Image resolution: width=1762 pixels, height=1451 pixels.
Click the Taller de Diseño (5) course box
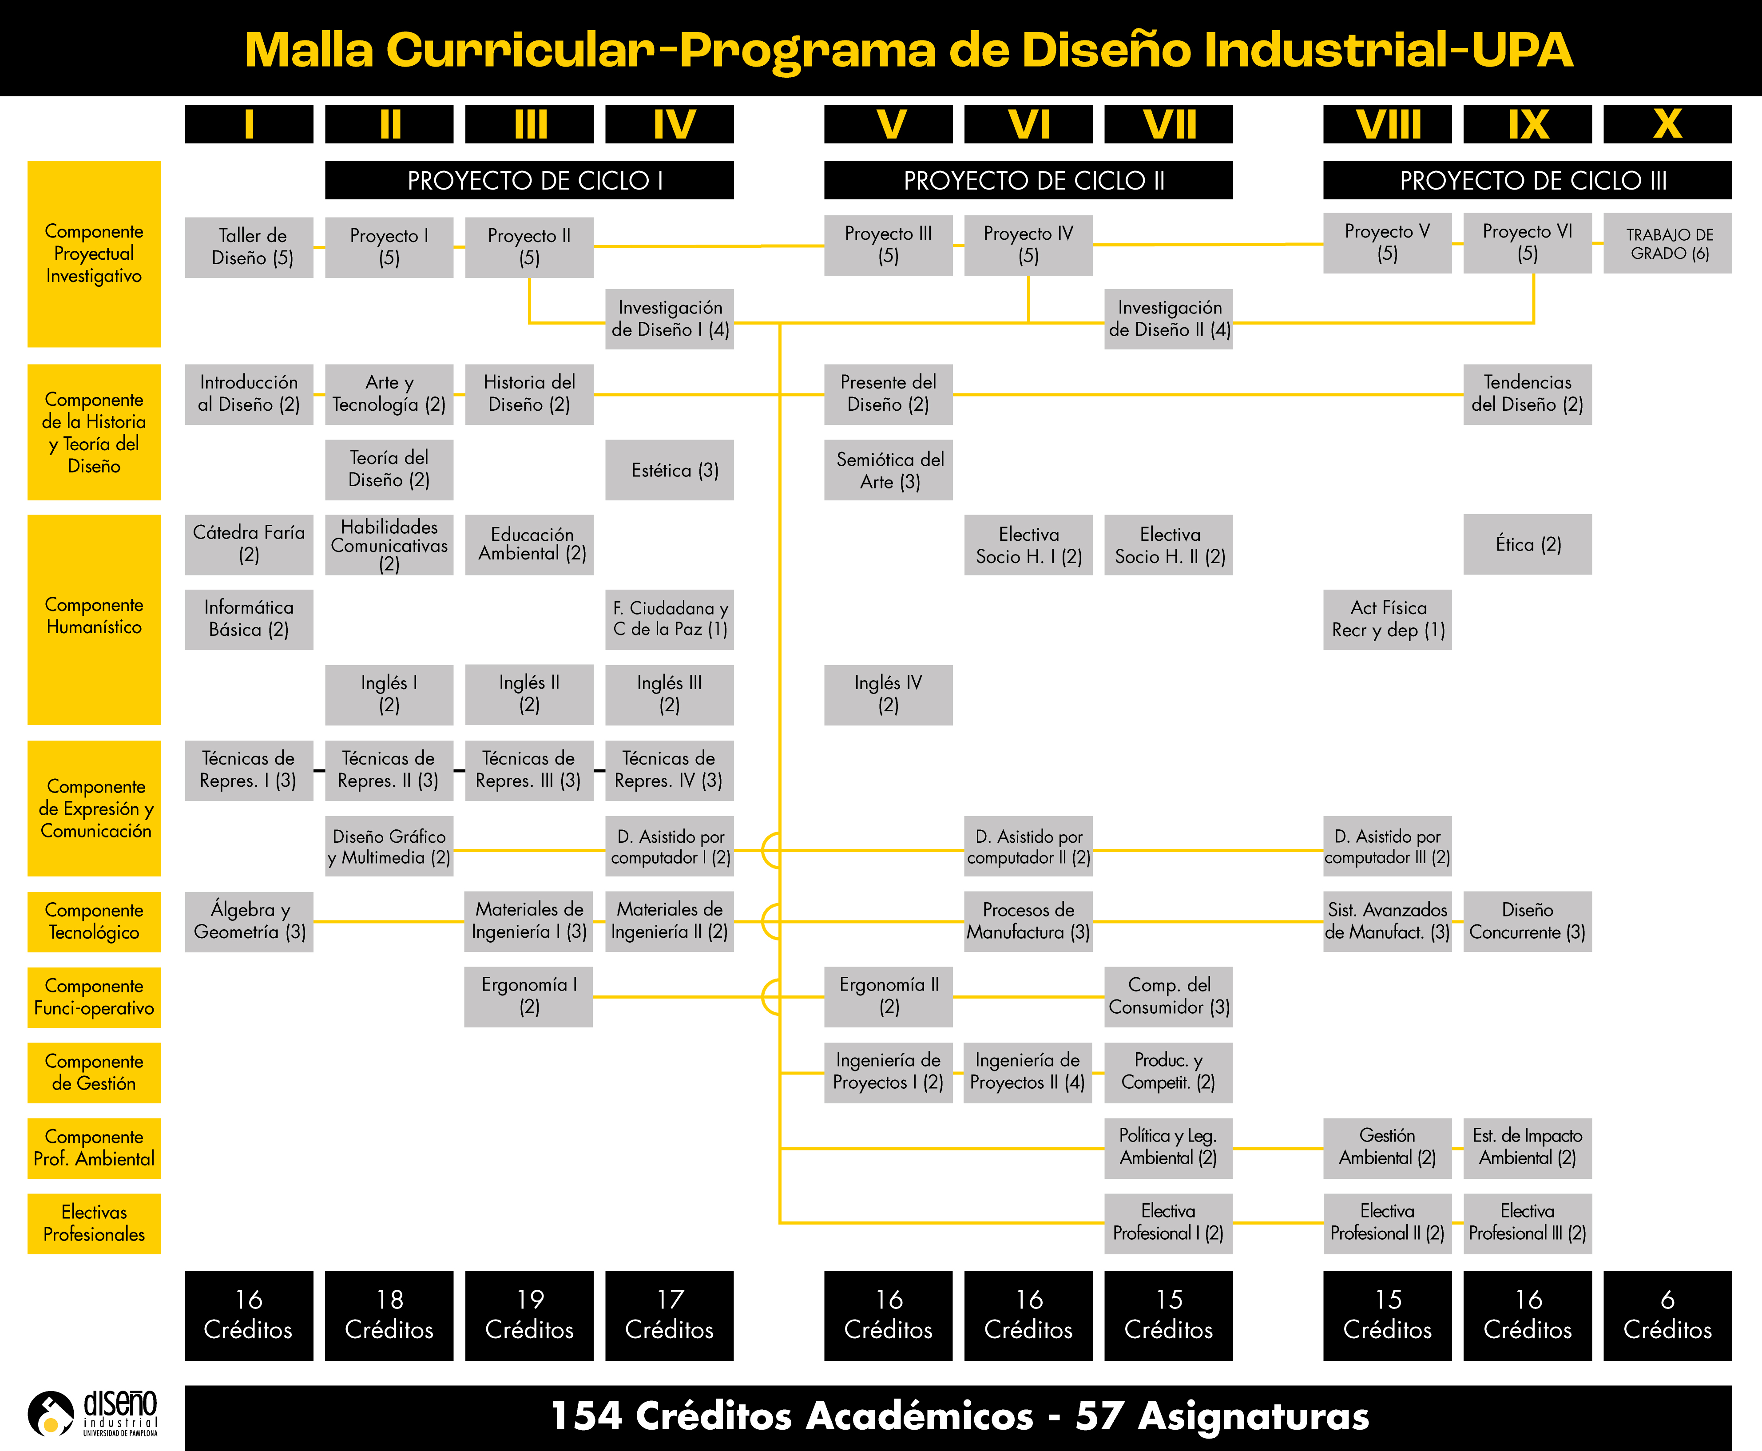coord(249,247)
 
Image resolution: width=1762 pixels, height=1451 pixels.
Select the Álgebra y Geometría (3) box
coord(249,921)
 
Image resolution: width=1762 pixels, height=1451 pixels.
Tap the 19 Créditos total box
coord(529,1315)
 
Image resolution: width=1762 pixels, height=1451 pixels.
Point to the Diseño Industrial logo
coord(92,1412)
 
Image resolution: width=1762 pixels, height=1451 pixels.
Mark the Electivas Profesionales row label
coord(94,1223)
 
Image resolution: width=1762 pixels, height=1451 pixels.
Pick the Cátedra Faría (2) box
coord(249,544)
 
